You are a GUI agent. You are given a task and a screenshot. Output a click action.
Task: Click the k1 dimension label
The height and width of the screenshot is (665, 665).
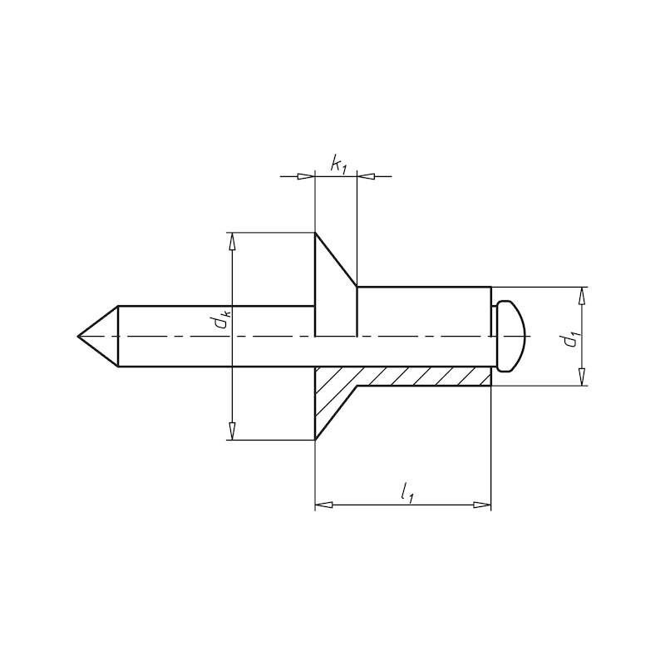(x=338, y=164)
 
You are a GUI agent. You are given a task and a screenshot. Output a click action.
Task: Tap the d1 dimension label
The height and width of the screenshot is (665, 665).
(x=568, y=337)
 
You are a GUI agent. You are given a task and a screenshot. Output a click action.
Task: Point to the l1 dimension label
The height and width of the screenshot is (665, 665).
(x=406, y=493)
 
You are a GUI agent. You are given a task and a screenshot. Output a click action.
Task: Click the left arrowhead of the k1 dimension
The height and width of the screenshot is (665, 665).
(x=306, y=176)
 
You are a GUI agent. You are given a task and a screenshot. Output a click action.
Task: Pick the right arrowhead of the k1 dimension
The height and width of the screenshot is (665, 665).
(x=366, y=176)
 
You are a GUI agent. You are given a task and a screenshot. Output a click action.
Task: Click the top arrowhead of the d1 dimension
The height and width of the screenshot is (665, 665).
(x=582, y=296)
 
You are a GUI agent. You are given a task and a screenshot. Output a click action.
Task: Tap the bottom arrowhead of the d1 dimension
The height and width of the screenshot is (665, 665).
(x=582, y=377)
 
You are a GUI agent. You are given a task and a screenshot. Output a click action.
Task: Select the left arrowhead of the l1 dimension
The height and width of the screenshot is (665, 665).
(x=324, y=504)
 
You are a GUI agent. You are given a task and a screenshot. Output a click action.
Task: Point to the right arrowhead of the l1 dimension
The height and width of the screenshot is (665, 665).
(x=482, y=504)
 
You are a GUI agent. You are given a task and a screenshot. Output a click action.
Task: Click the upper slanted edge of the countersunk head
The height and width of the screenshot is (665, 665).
(x=336, y=259)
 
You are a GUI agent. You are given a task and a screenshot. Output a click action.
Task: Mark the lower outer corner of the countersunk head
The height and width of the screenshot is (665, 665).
(x=315, y=440)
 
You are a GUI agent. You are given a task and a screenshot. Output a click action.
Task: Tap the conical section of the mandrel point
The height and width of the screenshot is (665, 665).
(x=101, y=336)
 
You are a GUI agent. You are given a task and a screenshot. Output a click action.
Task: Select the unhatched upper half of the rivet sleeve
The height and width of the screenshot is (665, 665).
(x=424, y=312)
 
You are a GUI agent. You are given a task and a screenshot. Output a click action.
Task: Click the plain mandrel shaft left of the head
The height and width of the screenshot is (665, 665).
(x=216, y=349)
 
